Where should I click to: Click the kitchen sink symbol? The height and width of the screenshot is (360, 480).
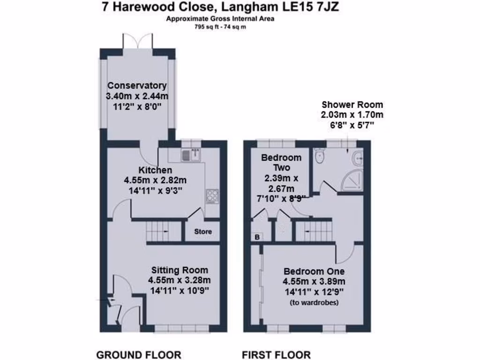click(x=193, y=153)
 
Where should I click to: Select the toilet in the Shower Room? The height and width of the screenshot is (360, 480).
click(x=321, y=156)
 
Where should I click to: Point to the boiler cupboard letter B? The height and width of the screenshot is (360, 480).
click(x=257, y=238)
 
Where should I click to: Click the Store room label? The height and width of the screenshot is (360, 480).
click(x=203, y=232)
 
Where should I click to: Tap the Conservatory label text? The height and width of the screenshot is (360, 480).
click(x=137, y=86)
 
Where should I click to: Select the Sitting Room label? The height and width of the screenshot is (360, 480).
click(x=180, y=270)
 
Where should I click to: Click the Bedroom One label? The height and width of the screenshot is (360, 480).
click(x=314, y=271)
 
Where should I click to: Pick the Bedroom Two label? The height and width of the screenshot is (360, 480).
click(x=281, y=162)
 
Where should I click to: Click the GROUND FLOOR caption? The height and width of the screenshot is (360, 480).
click(x=139, y=354)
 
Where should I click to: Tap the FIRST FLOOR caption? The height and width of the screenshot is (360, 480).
click(x=276, y=354)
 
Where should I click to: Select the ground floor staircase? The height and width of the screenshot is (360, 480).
click(x=164, y=231)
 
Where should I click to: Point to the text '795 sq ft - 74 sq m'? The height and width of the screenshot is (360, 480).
click(x=220, y=27)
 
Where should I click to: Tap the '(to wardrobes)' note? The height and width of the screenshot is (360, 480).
click(x=314, y=302)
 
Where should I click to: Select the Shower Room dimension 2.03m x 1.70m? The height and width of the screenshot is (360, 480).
click(x=352, y=115)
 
